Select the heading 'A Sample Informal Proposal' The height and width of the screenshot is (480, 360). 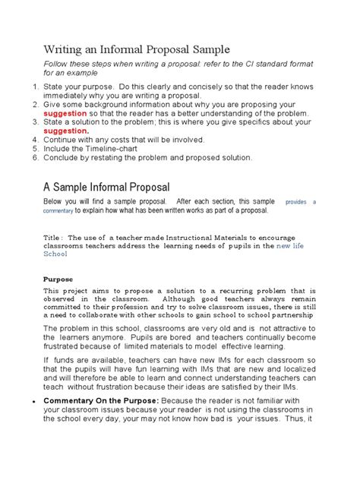coord(117,186)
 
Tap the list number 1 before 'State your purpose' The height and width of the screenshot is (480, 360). coord(35,88)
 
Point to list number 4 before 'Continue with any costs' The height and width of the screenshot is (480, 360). coord(35,140)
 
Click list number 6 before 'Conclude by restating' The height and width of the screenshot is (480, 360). coord(35,157)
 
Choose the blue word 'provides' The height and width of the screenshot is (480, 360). coord(296,203)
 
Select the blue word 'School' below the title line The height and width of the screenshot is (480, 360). coord(55,255)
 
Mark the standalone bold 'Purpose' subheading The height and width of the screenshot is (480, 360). coord(58,279)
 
